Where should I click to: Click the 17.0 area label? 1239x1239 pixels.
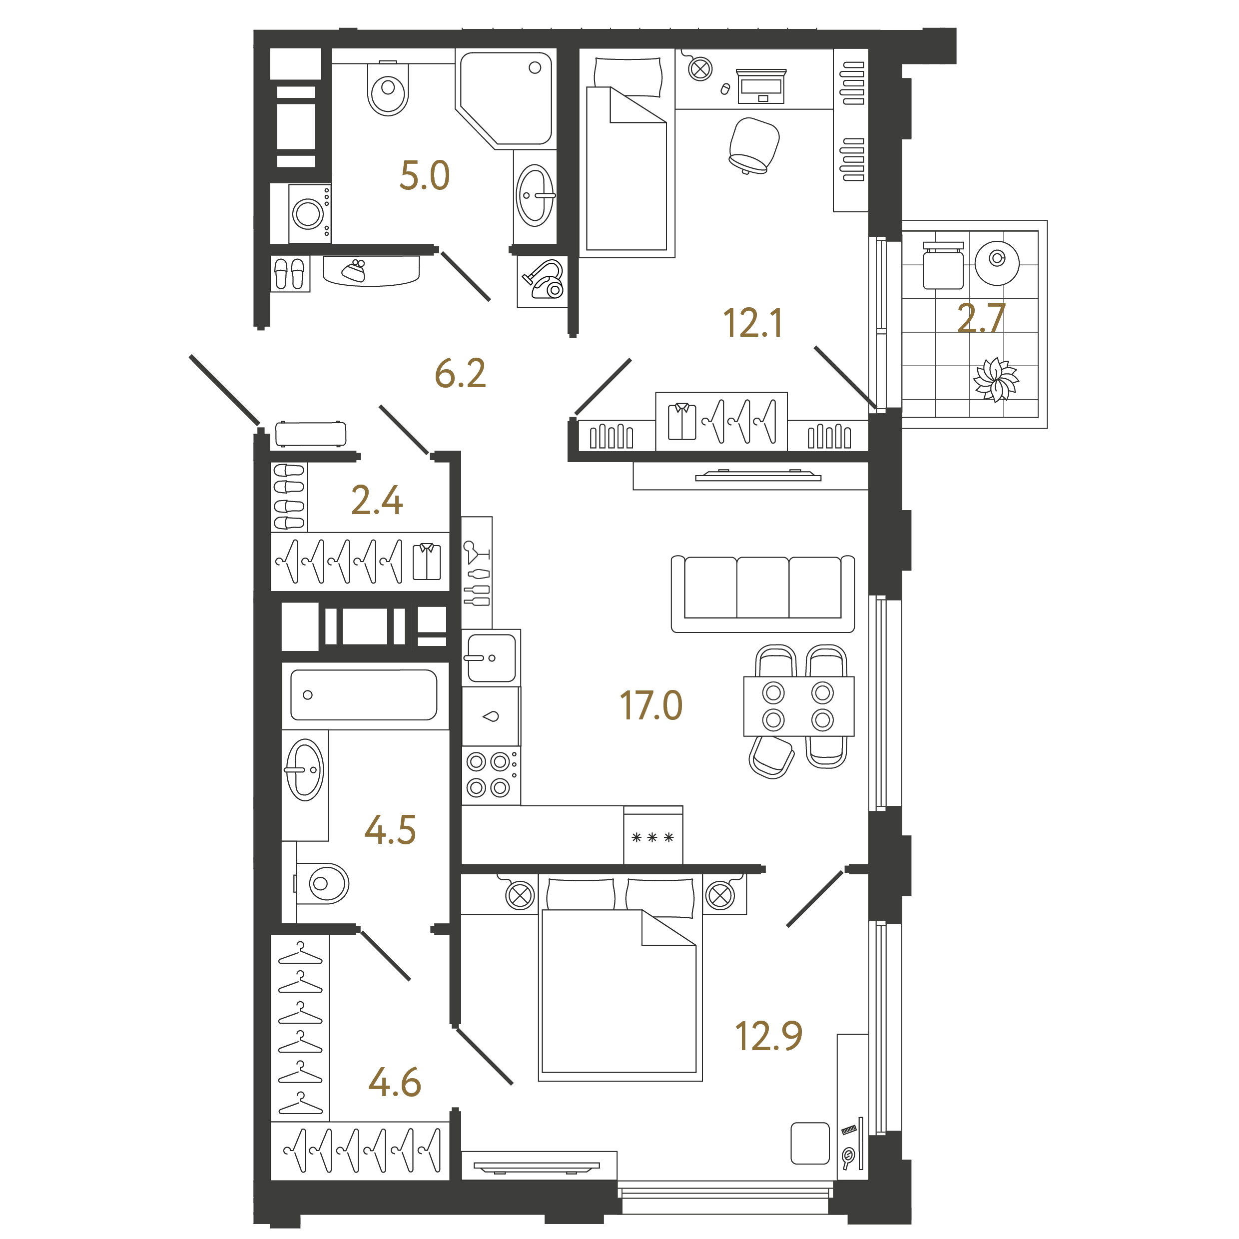click(x=651, y=705)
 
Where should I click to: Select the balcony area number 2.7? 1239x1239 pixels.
click(x=981, y=318)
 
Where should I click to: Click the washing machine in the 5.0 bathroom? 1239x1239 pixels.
click(x=310, y=213)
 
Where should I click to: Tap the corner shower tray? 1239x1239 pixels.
click(x=506, y=100)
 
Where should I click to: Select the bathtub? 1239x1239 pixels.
click(x=364, y=695)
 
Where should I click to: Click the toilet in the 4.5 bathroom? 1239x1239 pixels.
click(x=323, y=883)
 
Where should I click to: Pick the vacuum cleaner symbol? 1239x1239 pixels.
click(x=543, y=280)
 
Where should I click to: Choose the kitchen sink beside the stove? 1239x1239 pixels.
click(x=491, y=658)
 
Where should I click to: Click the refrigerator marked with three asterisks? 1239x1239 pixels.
click(x=653, y=835)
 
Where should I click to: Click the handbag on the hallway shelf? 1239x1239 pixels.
click(x=354, y=271)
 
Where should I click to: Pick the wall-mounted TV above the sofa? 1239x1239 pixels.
click(x=758, y=476)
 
